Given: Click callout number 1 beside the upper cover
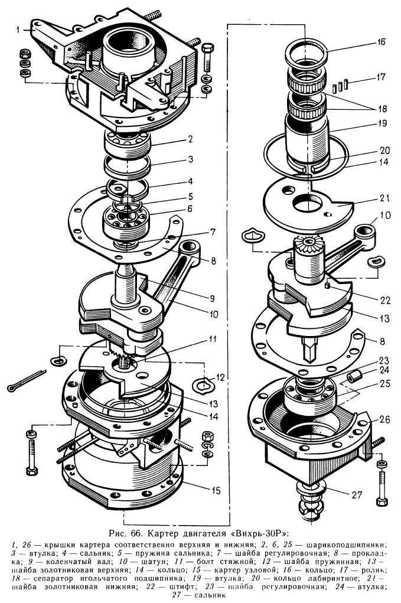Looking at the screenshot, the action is [18, 30].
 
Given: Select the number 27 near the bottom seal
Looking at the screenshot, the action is [357, 494].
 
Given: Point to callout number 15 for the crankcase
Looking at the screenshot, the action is [216, 490].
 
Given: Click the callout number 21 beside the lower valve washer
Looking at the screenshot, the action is [385, 198].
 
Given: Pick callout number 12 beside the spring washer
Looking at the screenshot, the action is [220, 378].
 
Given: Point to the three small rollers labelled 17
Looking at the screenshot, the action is [341, 86].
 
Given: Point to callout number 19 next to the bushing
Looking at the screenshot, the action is [382, 124].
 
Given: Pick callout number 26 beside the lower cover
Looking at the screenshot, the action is [384, 419].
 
